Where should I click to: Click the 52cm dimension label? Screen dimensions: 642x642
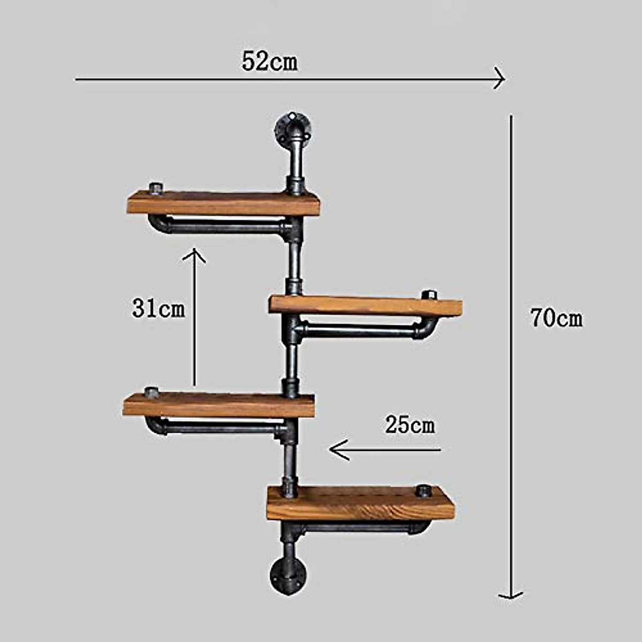coord(270,62)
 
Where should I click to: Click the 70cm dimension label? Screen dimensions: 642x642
coord(556,319)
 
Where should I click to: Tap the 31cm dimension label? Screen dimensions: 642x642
coord(158,309)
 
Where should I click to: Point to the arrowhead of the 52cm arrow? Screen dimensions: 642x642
coord(500,80)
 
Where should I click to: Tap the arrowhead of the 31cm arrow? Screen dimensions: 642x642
coord(194,254)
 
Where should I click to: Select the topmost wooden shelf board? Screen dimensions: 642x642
coord(223,203)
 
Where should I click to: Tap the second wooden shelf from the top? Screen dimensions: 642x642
coord(365,306)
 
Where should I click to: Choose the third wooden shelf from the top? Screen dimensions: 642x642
coord(218,405)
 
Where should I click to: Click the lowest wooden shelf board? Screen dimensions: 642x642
coord(361,503)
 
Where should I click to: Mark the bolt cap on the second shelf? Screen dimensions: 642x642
coord(429,295)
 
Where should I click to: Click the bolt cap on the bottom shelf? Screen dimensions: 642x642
coord(424,490)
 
